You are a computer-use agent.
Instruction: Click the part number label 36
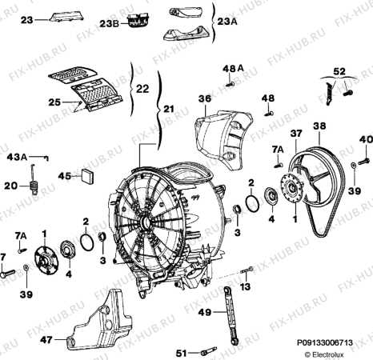point(204,99)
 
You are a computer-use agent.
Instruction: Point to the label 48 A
point(231,69)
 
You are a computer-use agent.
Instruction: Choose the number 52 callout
point(339,70)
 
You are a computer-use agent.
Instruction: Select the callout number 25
point(55,102)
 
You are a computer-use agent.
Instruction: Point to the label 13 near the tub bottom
point(246,286)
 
